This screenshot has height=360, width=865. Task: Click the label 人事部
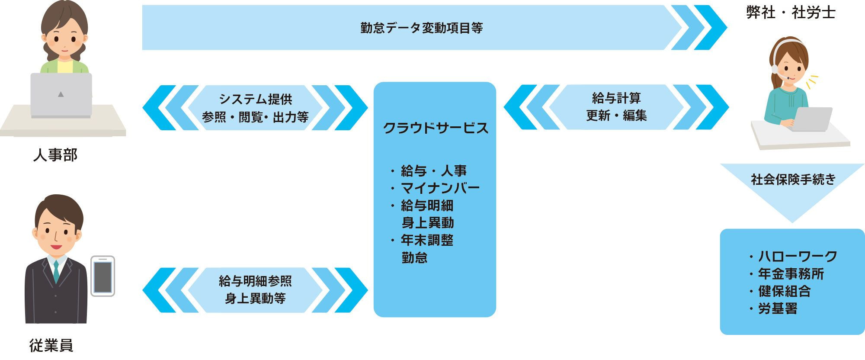55,155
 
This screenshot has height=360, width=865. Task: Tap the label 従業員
51,345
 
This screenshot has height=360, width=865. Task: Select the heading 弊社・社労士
791,13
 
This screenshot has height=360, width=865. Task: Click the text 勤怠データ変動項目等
421,28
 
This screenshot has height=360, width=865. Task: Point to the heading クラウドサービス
435,128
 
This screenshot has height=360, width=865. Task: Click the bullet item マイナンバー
440,188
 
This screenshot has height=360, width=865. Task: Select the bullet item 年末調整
426,240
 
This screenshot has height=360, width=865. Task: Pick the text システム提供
255,99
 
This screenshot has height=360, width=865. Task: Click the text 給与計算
616,98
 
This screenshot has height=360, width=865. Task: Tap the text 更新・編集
616,116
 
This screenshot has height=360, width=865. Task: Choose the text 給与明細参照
255,281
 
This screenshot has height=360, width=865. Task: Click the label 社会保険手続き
793,180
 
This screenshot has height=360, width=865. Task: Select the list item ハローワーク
797,257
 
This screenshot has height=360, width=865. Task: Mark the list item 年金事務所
791,274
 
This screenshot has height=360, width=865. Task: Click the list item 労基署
777,309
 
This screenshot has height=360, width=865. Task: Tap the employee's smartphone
103,276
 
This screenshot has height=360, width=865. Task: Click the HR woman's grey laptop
61,94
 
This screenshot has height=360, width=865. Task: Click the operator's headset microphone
788,78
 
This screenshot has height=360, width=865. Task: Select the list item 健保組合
784,291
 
